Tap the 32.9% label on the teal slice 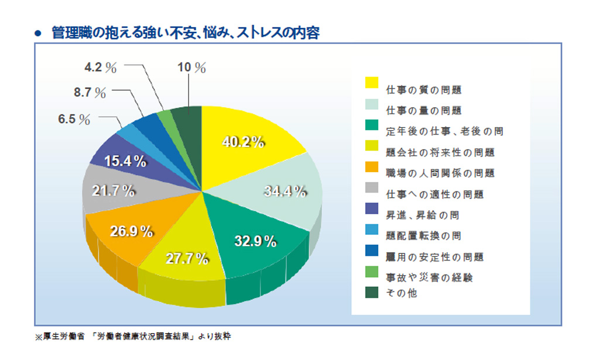[255, 242]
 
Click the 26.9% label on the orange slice [132, 231]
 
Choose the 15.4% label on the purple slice [125, 162]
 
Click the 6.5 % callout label [74, 119]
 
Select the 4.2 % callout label [101, 67]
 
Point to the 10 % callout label [191, 68]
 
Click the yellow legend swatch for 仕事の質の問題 [372, 83]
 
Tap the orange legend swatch [372, 167]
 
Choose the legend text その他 [401, 294]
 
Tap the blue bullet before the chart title [39, 33]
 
